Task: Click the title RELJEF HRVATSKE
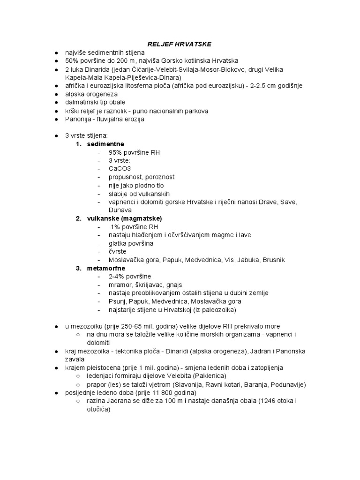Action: (x=180, y=44)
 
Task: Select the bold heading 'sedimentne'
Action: (x=105, y=144)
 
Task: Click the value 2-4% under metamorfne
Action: (x=117, y=277)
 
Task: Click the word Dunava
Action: (x=121, y=210)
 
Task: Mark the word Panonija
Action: (x=79, y=119)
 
